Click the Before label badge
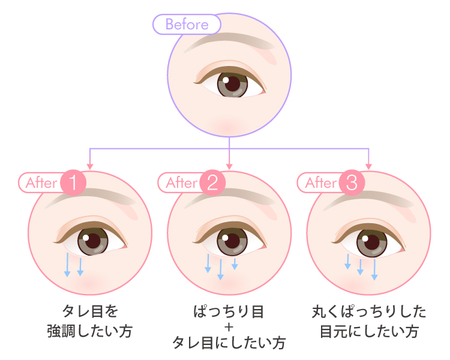pyautogui.click(x=187, y=25)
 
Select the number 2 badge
pyautogui.click(x=212, y=182)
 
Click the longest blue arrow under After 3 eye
pyautogui.click(x=374, y=269)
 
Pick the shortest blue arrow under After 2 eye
pyautogui.click(x=235, y=263)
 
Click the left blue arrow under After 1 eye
pyautogui.click(x=67, y=265)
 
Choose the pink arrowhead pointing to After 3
pyautogui.click(x=369, y=165)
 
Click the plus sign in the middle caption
pyautogui.click(x=229, y=328)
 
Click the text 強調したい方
pyautogui.click(x=89, y=331)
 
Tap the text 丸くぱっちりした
pyautogui.click(x=369, y=313)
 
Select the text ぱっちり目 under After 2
pyautogui.click(x=229, y=313)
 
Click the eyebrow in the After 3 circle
pyautogui.click(x=366, y=201)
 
